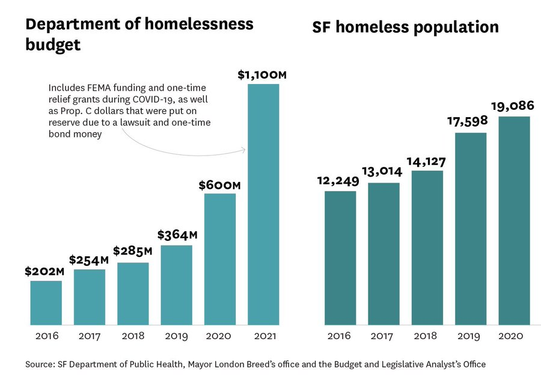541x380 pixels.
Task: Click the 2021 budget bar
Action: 263,204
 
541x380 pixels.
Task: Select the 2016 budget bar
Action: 46,303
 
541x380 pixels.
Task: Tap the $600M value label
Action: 219,185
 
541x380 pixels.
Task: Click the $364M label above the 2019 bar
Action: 177,235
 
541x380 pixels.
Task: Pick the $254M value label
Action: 90,260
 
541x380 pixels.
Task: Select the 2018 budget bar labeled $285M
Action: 133,294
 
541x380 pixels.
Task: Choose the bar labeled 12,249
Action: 340,258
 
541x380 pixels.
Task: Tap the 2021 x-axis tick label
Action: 263,336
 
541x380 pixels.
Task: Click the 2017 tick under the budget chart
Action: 90,336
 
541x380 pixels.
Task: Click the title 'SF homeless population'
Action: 405,28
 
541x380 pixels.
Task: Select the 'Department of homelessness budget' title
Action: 139,34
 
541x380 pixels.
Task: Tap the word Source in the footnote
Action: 39,364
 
